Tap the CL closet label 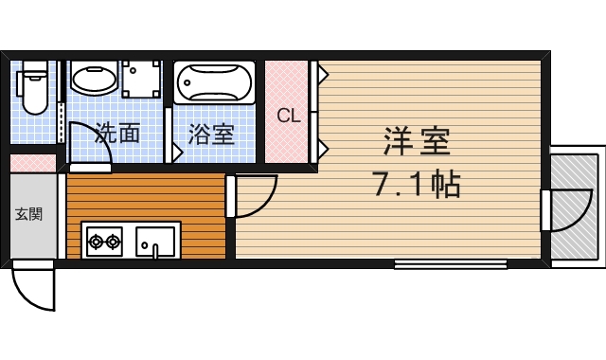(x=288, y=116)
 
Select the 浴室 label (x=210, y=134)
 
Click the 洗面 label (x=117, y=134)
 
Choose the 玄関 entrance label (x=28, y=214)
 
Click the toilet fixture (x=35, y=88)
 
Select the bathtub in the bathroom (x=214, y=82)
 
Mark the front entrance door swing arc (x=36, y=288)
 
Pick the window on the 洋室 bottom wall (x=451, y=264)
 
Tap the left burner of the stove (x=96, y=242)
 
